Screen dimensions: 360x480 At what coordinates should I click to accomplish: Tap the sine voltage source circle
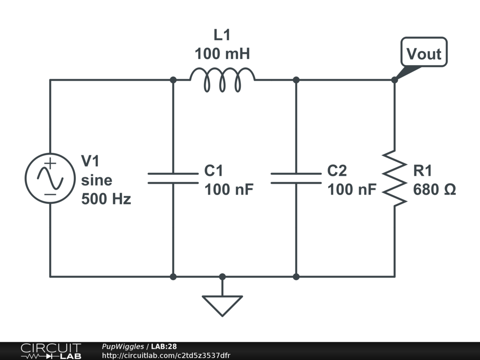(50, 178)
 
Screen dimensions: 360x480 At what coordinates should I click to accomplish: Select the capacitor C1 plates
(173, 178)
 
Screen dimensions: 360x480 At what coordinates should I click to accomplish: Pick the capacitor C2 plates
(296, 178)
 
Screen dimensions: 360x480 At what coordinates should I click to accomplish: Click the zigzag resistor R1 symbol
(394, 178)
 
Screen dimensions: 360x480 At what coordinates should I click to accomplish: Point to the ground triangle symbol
(222, 304)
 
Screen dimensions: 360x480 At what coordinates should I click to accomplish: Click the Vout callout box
(424, 53)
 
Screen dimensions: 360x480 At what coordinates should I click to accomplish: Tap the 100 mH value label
(222, 54)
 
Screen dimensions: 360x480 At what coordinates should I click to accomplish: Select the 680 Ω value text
(434, 190)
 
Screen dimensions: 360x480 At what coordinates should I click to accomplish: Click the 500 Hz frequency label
(106, 199)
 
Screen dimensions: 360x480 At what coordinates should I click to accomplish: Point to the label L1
(222, 35)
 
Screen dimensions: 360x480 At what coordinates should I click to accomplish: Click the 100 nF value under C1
(229, 190)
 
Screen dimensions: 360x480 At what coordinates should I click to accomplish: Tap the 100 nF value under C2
(352, 190)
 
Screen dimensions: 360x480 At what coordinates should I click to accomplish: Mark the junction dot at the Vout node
(394, 80)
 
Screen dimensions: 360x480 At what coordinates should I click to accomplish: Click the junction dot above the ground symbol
(222, 277)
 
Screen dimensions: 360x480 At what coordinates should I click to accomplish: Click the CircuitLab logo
(51, 351)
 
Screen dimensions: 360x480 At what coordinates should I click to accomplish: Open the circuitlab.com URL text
(166, 356)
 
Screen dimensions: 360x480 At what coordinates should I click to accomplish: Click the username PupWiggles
(123, 347)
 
